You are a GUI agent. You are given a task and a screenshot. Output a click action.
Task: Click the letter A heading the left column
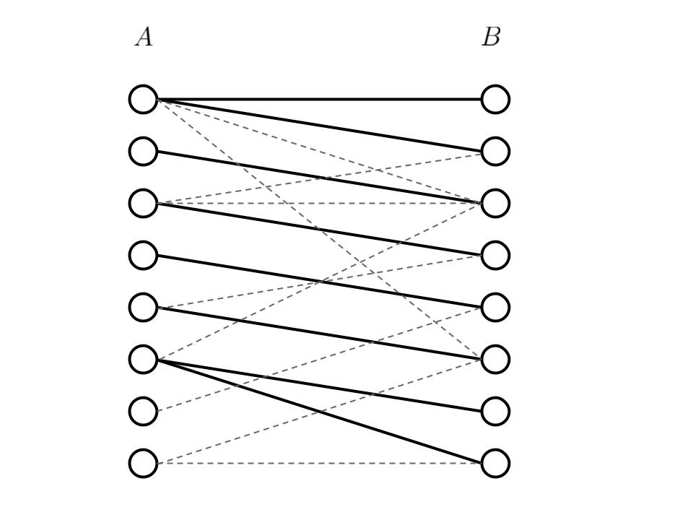(x=144, y=37)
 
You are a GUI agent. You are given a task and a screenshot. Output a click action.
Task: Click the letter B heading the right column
(x=491, y=37)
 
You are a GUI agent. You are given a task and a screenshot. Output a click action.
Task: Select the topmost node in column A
(x=143, y=99)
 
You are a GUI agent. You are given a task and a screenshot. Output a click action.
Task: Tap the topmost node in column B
(x=495, y=99)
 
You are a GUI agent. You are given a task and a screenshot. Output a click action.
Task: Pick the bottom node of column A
(x=143, y=463)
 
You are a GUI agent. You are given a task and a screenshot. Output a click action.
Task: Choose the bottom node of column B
(x=495, y=463)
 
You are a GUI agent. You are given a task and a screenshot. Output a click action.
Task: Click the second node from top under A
(x=143, y=151)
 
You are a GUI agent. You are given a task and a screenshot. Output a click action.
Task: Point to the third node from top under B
(x=495, y=203)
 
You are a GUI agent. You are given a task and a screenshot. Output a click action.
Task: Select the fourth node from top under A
(x=143, y=255)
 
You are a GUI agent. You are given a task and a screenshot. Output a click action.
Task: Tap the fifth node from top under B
(x=495, y=307)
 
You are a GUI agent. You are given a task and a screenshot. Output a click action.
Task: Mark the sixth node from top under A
(x=143, y=359)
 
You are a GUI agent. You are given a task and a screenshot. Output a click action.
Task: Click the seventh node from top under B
(x=495, y=411)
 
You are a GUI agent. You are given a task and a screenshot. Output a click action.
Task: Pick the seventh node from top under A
(x=143, y=411)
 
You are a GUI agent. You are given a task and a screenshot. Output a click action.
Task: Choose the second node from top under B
(x=495, y=151)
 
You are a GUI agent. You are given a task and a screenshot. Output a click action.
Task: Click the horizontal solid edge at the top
(x=318, y=99)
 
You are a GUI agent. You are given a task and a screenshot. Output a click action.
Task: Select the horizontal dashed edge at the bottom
(x=318, y=463)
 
